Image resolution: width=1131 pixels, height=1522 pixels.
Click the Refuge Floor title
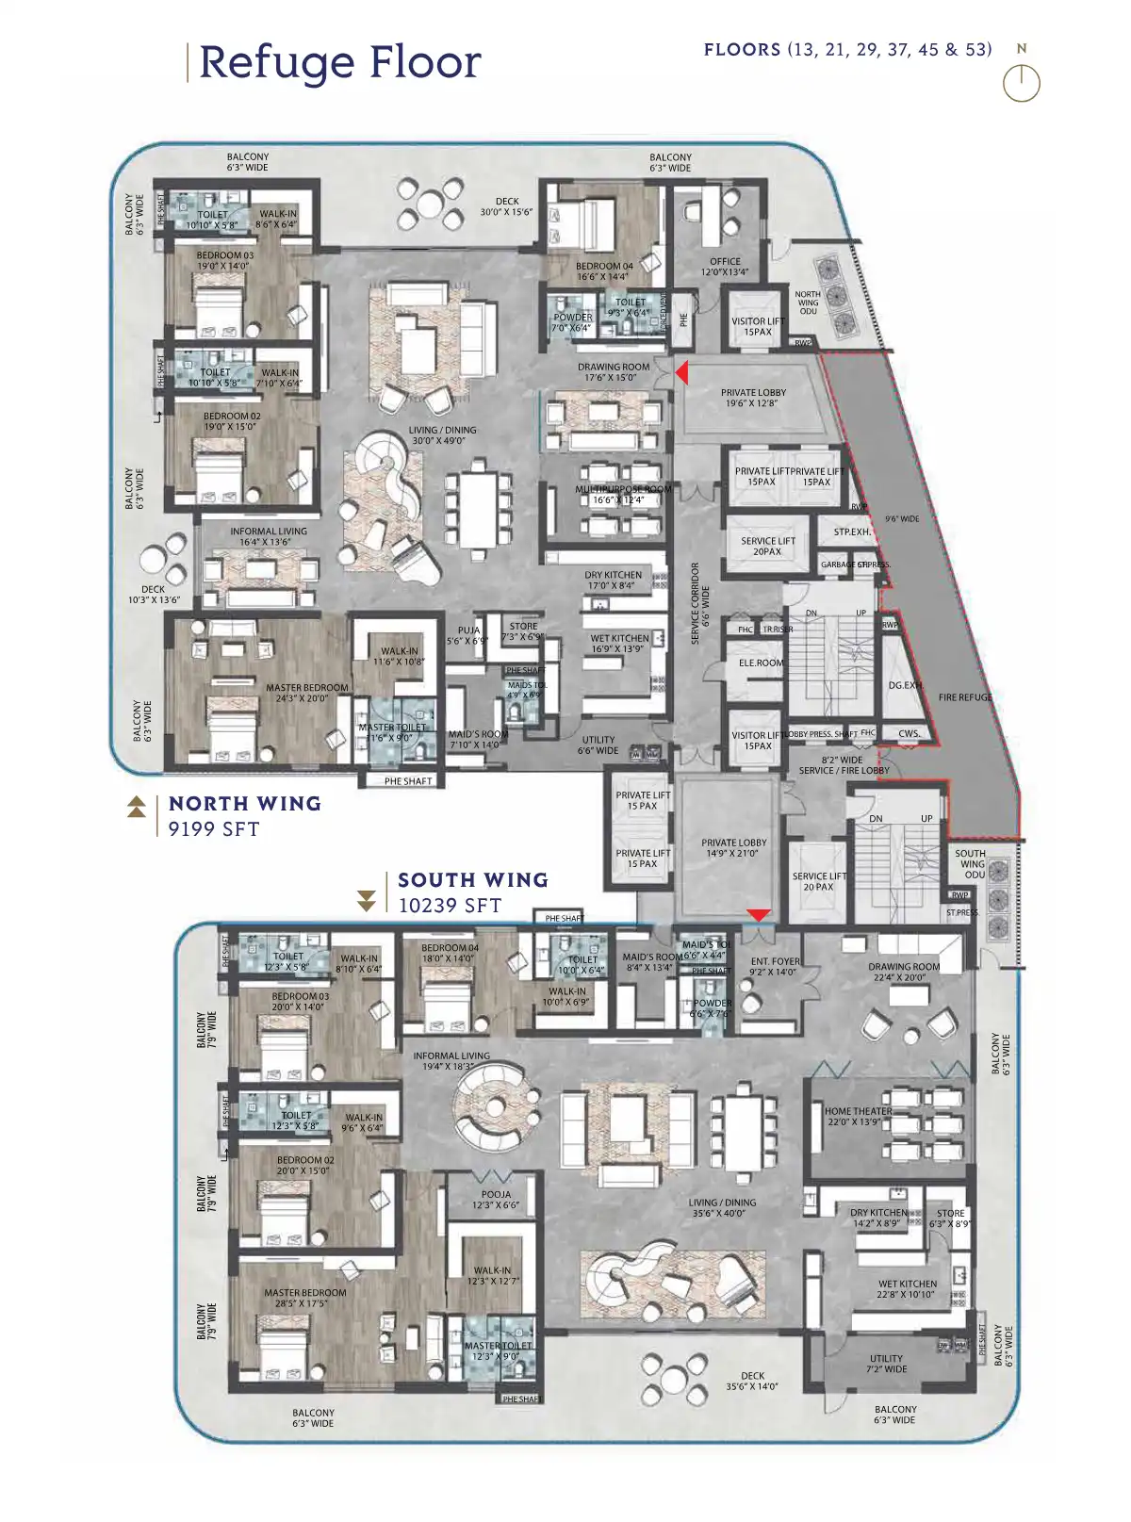point(339,62)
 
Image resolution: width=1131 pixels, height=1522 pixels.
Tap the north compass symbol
point(1022,83)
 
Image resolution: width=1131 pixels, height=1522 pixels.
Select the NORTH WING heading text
point(245,804)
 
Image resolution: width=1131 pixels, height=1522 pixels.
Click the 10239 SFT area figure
point(450,906)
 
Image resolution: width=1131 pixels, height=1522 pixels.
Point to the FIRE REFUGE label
point(965,697)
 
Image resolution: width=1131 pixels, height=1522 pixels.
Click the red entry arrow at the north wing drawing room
point(681,373)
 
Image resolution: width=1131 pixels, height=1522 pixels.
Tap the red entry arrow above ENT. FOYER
point(759,915)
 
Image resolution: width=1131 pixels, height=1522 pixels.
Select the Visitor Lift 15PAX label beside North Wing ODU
point(758,326)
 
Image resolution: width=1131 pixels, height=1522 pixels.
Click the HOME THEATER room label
point(858,1117)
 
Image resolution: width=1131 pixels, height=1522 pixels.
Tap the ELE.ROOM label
point(761,663)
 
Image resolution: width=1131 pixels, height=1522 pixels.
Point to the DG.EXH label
point(905,685)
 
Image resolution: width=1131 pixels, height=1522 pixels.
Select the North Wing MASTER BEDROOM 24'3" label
point(307,693)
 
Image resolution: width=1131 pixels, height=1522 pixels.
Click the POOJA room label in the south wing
point(496,1200)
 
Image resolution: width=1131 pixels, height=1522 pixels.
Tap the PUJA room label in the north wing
point(468,635)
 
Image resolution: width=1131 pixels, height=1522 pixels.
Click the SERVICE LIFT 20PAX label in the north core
point(767,547)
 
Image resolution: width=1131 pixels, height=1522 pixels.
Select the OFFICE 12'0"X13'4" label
point(725,267)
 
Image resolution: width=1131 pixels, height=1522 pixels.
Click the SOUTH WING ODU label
point(971,863)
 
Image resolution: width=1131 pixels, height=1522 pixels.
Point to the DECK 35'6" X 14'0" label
point(752,1381)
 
